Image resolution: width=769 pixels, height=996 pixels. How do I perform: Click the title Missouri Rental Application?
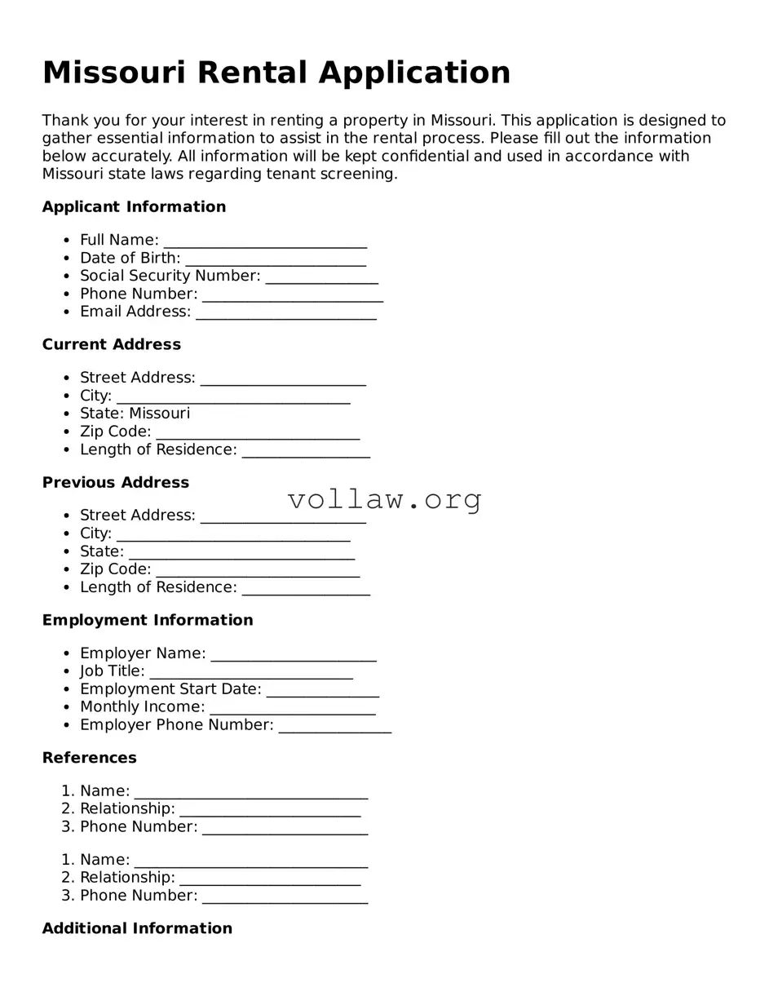pyautogui.click(x=276, y=73)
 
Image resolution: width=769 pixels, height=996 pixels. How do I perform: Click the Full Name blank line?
pyautogui.click(x=265, y=241)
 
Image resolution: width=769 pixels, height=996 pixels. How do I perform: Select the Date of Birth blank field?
pyautogui.click(x=276, y=259)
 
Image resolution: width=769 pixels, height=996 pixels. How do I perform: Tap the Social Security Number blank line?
pyautogui.click(x=322, y=277)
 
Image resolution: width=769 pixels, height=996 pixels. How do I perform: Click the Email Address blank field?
pyautogui.click(x=286, y=312)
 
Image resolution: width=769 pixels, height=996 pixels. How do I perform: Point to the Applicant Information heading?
pyautogui.click(x=134, y=207)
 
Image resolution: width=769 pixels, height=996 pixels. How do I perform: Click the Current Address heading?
pyautogui.click(x=112, y=345)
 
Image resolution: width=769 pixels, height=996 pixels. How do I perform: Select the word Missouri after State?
pyautogui.click(x=160, y=414)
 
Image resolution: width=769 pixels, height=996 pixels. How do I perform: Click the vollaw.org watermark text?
pyautogui.click(x=385, y=499)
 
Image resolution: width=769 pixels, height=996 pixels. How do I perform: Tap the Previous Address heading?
pyautogui.click(x=116, y=483)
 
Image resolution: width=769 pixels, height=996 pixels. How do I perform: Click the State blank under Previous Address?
pyautogui.click(x=242, y=552)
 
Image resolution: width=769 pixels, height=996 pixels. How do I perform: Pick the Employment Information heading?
pyautogui.click(x=148, y=621)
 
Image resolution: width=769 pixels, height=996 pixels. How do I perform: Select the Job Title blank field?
pyautogui.click(x=251, y=672)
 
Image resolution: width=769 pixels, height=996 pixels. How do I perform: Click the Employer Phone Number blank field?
pyautogui.click(x=335, y=726)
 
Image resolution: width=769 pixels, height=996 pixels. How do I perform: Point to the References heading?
pyautogui.click(x=90, y=759)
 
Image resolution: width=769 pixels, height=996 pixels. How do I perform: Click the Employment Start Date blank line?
pyautogui.click(x=323, y=690)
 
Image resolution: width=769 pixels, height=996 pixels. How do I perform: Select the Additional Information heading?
pyautogui.click(x=137, y=929)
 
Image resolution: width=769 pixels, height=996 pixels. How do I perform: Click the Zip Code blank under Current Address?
pyautogui.click(x=258, y=432)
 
